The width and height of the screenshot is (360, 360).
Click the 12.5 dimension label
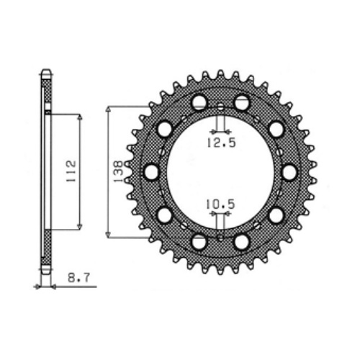coord(221,143)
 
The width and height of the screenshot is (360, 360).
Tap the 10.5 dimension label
coord(220,204)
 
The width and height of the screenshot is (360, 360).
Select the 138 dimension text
coord(119,171)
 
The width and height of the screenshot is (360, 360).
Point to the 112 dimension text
coord(71,171)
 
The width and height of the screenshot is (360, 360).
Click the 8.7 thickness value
coord(78,278)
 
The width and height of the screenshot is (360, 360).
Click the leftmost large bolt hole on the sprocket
coord(152,172)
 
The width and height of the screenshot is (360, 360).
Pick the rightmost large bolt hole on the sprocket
coord(289,172)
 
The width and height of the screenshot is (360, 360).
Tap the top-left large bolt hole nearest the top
coord(199,102)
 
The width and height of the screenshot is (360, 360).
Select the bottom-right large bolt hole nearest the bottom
coord(241,242)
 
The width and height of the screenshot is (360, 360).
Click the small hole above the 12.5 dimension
coord(220,107)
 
